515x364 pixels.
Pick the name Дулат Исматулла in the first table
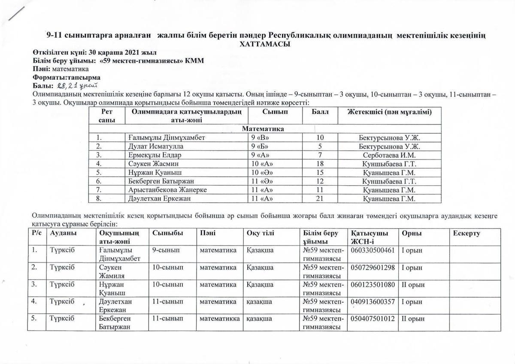(x=153, y=146)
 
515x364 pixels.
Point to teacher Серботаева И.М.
(x=390, y=155)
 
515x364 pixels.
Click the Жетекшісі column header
(x=389, y=111)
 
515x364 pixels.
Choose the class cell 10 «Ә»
(x=262, y=172)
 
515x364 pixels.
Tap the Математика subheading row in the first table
(x=263, y=129)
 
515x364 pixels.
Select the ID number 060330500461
(x=373, y=250)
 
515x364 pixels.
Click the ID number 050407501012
(x=373, y=319)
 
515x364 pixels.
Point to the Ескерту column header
(x=467, y=233)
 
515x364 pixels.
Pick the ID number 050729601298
(x=373, y=267)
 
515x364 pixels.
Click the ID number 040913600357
(x=373, y=301)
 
